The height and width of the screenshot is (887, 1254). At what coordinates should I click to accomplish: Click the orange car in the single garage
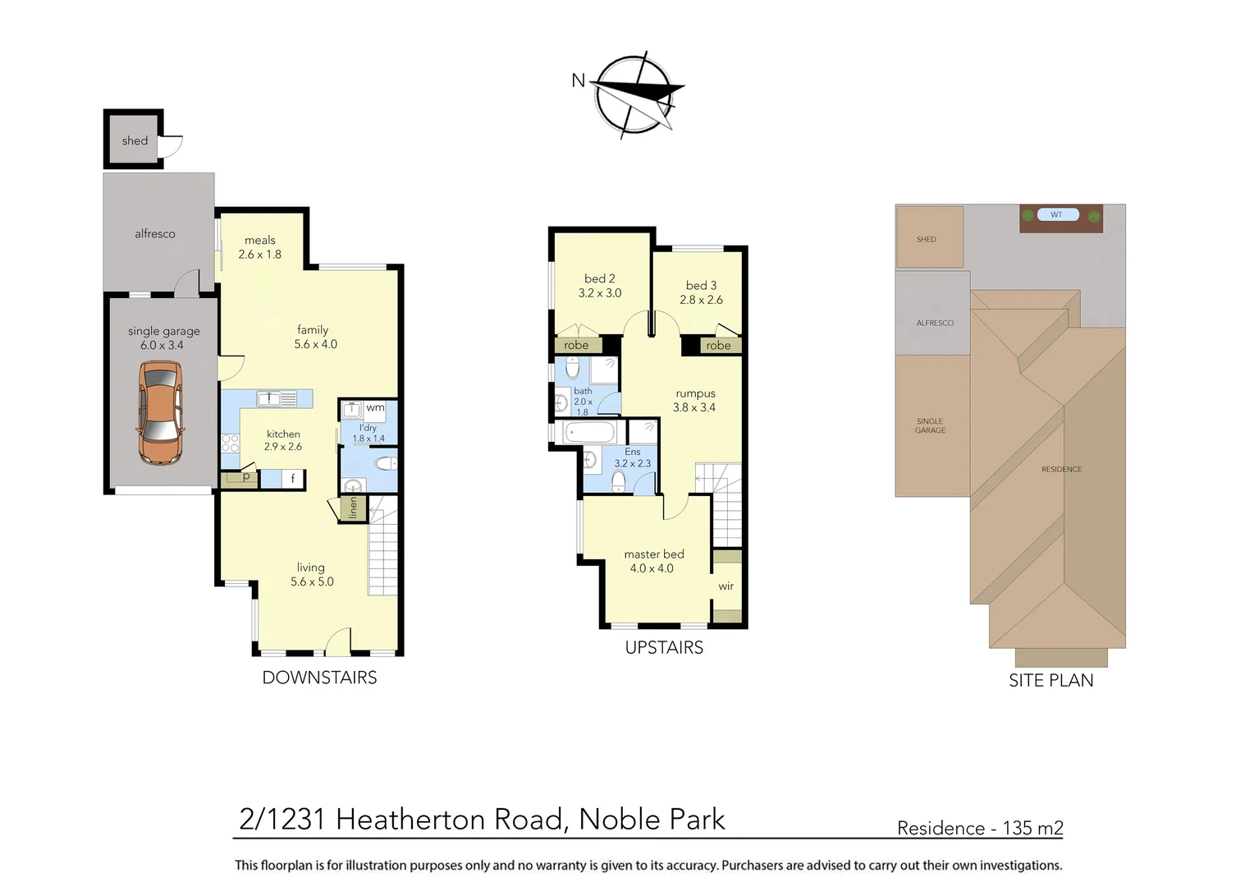(x=160, y=412)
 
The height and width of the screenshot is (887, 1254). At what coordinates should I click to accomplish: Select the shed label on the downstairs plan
(x=135, y=140)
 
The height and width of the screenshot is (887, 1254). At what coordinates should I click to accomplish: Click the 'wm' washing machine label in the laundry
(x=375, y=407)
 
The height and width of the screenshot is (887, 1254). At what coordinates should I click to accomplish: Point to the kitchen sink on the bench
(x=269, y=399)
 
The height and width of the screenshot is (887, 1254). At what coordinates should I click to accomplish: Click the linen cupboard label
(x=353, y=508)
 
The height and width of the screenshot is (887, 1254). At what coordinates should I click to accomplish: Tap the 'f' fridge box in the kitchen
(x=293, y=478)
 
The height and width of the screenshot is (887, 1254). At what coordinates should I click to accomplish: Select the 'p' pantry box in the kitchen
(x=245, y=476)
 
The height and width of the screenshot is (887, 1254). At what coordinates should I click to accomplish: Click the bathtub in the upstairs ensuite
(x=589, y=432)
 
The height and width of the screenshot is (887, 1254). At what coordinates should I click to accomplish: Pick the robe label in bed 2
(x=576, y=345)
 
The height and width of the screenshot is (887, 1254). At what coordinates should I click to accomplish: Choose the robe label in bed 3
(x=718, y=346)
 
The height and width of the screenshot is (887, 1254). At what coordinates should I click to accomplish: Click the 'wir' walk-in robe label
(x=726, y=586)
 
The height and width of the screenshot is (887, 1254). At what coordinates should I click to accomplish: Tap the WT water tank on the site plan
(x=1056, y=215)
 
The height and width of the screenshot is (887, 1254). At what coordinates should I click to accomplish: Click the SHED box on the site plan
(x=928, y=238)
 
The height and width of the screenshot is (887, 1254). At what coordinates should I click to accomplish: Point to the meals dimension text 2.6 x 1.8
(x=259, y=255)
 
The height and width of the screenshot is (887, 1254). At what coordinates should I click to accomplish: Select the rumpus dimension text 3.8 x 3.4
(x=694, y=407)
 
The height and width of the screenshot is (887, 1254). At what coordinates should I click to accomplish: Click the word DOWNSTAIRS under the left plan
(x=319, y=678)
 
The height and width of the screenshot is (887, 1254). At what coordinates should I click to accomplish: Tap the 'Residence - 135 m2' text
(x=980, y=828)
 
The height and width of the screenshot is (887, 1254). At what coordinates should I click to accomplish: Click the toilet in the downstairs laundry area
(x=384, y=464)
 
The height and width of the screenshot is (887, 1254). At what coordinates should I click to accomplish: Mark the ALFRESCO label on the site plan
(x=935, y=323)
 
